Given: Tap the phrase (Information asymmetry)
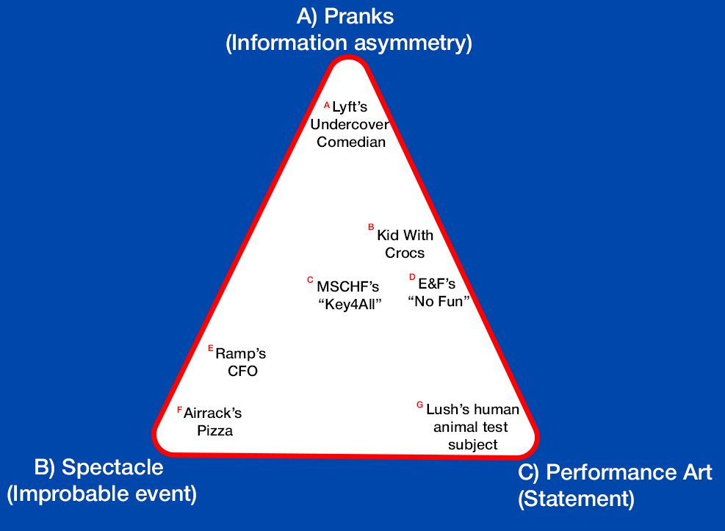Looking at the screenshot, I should (348, 43).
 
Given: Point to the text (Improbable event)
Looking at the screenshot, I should (101, 494).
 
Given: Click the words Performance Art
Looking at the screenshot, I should (630, 472).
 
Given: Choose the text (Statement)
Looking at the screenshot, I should (576, 499).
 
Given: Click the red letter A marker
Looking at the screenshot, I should (327, 104).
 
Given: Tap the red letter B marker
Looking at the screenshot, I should (371, 228).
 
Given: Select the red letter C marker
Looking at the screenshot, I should (310, 280).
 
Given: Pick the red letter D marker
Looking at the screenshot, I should (412, 277).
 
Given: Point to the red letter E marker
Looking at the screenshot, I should (211, 348).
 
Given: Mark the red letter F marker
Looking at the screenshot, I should (179, 409).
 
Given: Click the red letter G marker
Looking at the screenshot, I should (419, 404).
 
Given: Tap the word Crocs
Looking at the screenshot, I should (405, 253).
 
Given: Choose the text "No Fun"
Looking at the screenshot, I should (438, 301).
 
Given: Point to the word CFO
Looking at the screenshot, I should (242, 371).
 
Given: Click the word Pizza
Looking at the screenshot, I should (215, 431).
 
